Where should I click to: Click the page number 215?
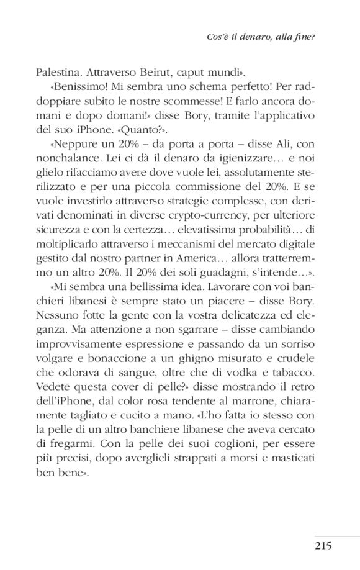323,547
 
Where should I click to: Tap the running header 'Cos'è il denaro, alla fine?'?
260,37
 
